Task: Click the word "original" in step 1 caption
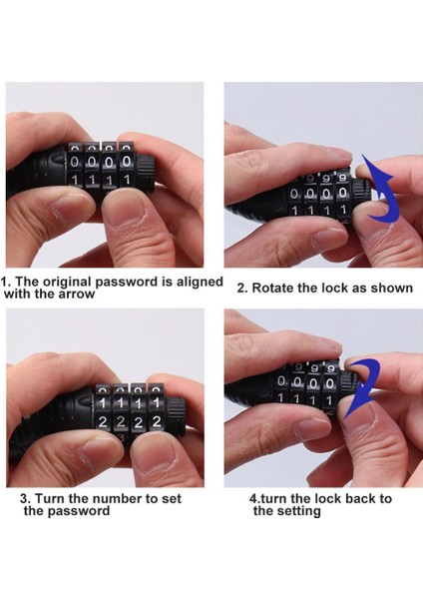67,283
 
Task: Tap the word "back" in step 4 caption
352,498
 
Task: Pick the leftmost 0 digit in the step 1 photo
75,163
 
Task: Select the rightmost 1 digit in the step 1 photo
127,180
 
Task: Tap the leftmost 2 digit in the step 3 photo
103,422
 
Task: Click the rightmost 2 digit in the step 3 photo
156,421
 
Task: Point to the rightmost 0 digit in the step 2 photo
342,193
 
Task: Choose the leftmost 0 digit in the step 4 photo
281,381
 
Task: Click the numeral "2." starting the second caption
242,288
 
